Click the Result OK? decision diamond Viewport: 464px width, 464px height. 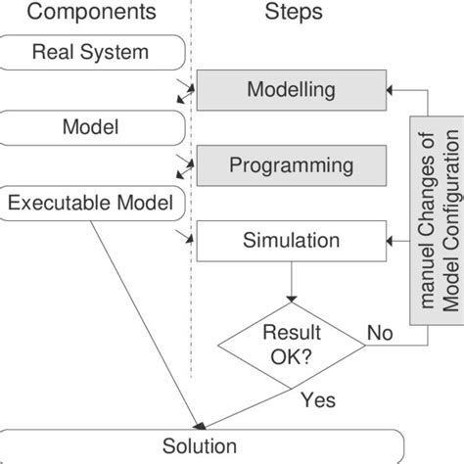[291, 344]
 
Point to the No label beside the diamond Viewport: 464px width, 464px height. [380, 334]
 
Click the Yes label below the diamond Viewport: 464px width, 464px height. [318, 400]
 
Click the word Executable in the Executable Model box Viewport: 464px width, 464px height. [61, 203]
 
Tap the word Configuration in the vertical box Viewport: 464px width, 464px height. [449, 241]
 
